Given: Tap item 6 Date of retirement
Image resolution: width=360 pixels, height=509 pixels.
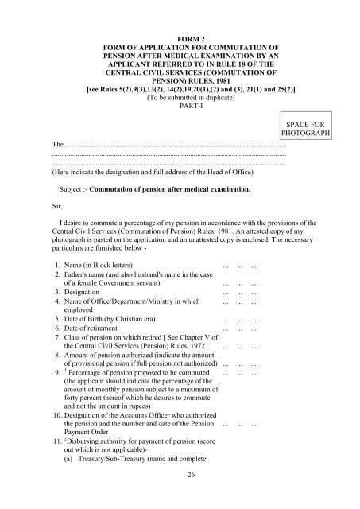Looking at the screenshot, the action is coord(98,328).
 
